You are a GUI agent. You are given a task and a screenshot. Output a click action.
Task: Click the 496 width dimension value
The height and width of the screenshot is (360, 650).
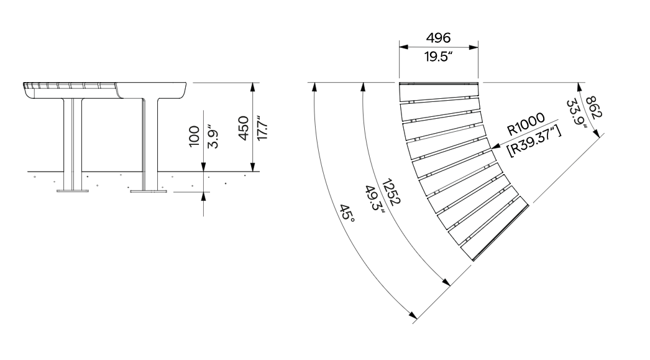[438, 38]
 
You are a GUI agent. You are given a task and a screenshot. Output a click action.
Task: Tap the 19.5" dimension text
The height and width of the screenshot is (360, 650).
[438, 57]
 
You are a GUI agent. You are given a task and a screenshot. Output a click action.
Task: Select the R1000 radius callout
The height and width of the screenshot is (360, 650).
[526, 124]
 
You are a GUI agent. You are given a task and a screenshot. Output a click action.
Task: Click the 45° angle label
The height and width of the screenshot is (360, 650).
[347, 213]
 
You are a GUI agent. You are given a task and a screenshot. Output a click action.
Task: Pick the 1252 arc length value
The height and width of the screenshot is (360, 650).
[391, 192]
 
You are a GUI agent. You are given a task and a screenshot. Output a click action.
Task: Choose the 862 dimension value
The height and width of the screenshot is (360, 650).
[594, 107]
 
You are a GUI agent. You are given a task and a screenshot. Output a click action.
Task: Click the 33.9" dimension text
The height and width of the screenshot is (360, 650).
[577, 114]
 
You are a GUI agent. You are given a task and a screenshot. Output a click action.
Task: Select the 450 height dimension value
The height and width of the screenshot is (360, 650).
[244, 128]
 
